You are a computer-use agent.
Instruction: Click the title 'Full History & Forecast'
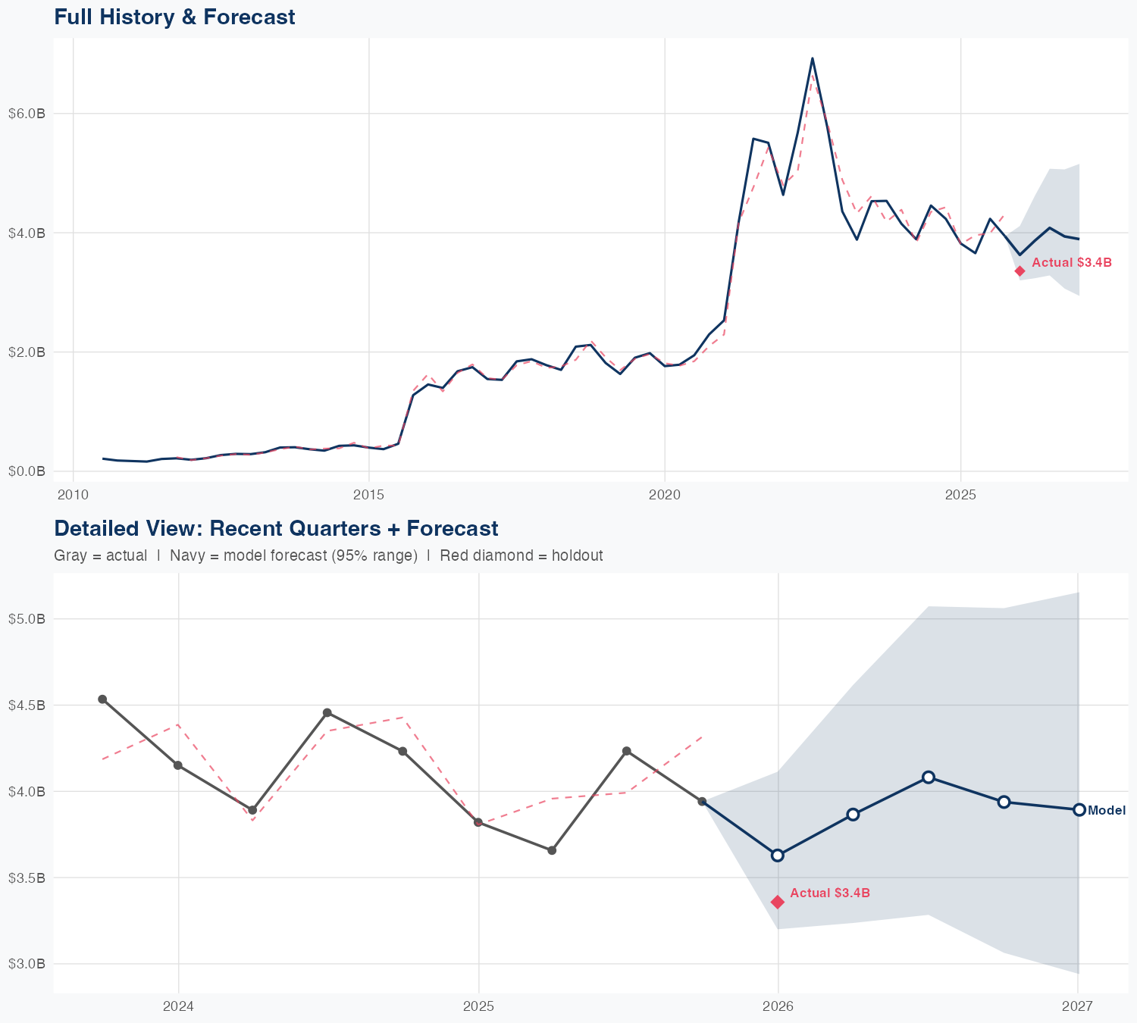pos(174,17)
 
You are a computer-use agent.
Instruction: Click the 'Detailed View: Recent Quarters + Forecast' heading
pos(276,528)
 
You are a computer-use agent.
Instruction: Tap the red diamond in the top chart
pos(1020,271)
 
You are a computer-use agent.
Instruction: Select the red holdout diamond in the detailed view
pos(777,902)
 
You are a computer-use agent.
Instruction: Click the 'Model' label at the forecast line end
pos(1107,811)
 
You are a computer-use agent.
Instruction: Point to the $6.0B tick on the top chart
pos(27,114)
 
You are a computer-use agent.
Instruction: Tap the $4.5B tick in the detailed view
pos(27,705)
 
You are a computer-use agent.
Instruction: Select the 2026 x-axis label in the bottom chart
pos(778,1006)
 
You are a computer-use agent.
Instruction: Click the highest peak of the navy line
pos(813,58)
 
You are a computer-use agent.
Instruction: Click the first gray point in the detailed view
pos(102,699)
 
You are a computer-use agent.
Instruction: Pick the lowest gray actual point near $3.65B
pos(552,850)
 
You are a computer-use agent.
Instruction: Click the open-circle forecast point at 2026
pos(777,856)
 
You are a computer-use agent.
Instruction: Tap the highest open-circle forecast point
pos(928,777)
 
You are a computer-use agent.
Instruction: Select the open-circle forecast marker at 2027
pos(1079,810)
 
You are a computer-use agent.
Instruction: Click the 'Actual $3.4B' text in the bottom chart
pos(830,893)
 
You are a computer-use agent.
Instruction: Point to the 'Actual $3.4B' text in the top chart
pos(1072,263)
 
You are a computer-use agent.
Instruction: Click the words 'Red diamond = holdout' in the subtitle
pos(521,555)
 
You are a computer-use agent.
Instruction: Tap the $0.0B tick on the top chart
pos(27,471)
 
